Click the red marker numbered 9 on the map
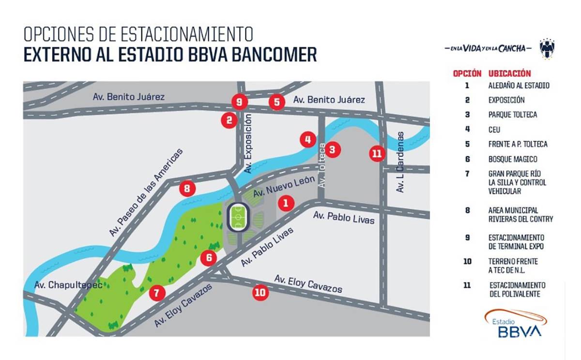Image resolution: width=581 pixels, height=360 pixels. (x=239, y=102)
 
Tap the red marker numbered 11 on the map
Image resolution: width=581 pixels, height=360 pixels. (x=377, y=153)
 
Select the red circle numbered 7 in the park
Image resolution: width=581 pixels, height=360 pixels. (x=157, y=292)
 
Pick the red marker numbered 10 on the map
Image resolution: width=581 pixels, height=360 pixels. (x=260, y=292)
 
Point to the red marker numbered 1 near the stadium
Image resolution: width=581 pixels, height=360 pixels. (x=286, y=203)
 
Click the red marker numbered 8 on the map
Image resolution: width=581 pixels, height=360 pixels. (x=187, y=188)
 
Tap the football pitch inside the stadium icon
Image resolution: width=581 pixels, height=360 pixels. (x=238, y=218)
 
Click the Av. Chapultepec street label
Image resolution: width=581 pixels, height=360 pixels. (x=68, y=285)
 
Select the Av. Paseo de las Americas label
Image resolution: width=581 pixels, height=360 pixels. (x=146, y=193)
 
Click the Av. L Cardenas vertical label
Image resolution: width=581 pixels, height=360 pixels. (x=400, y=162)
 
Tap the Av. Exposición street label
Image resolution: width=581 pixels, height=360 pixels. (x=248, y=144)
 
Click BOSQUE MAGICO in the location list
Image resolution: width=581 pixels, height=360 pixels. (x=513, y=159)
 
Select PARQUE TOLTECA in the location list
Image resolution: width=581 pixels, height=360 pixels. (x=513, y=115)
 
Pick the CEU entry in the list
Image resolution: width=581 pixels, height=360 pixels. (x=494, y=130)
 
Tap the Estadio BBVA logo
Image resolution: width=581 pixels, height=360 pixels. (x=516, y=323)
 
